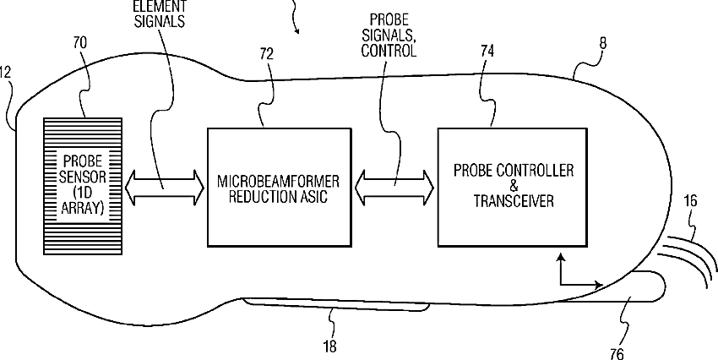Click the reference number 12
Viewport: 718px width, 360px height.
pos(5,73)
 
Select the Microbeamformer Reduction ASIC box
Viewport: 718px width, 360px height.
pos(278,188)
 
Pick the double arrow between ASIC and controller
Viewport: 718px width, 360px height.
pos(394,184)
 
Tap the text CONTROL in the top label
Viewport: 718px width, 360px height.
pos(389,52)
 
